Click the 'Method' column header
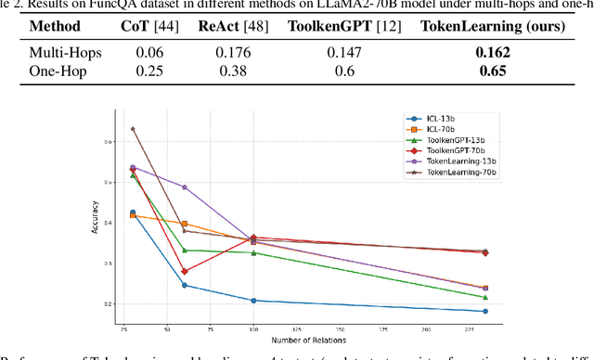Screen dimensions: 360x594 pyautogui.click(x=60, y=26)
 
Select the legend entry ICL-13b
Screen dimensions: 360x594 pyautogui.click(x=444, y=118)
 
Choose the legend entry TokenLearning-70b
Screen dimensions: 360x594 pyautogui.click(x=457, y=174)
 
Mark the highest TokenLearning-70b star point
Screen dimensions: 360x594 pyautogui.click(x=133, y=129)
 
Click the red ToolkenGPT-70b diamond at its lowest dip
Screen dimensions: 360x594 pyautogui.click(x=185, y=272)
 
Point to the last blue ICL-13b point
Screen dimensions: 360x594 pyautogui.click(x=510, y=312)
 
